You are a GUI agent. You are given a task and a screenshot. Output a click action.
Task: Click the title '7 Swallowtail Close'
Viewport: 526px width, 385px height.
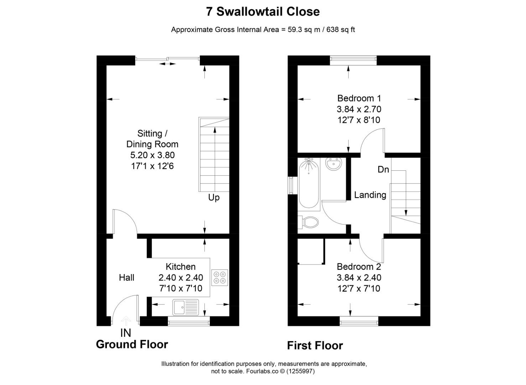point(263,12)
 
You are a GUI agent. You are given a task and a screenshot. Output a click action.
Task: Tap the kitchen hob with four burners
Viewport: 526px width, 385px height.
point(219,278)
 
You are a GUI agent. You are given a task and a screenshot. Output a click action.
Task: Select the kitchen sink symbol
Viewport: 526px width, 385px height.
point(186,307)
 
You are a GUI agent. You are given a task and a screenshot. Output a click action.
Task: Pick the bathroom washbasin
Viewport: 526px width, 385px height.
point(334,164)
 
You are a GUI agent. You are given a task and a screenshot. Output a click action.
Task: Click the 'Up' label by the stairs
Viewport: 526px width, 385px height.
point(214,197)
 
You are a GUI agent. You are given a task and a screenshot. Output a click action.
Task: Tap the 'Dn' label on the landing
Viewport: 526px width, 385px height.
point(383,170)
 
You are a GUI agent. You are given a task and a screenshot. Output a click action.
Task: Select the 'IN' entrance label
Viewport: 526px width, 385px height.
point(126,333)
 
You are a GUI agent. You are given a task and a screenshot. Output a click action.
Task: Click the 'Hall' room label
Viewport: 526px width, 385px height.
point(126,277)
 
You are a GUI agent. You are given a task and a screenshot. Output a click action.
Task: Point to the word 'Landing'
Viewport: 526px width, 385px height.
point(370,195)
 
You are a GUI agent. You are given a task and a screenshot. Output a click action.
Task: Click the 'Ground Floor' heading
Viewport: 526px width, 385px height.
point(132,344)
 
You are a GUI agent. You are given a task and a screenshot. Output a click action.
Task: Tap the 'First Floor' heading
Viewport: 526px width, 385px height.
point(315,345)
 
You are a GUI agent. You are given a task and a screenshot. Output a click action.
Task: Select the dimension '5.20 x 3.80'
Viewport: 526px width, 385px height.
point(152,155)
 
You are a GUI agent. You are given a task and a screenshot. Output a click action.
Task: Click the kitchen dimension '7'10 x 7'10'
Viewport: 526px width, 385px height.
point(181,288)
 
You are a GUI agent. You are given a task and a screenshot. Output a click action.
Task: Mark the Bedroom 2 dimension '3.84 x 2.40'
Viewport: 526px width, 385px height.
point(359,278)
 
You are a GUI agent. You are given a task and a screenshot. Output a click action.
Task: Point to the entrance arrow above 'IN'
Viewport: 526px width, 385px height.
point(126,320)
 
